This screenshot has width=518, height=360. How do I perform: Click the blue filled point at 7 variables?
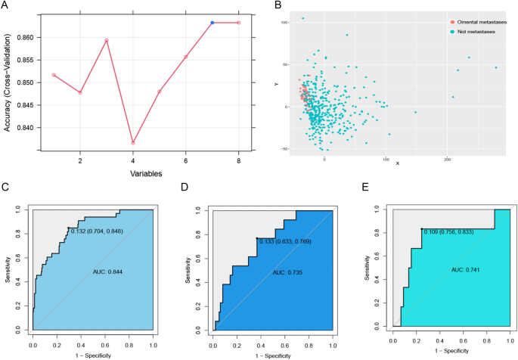212,23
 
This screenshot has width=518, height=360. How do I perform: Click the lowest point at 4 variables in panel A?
133,142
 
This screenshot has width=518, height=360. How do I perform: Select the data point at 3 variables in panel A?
107,40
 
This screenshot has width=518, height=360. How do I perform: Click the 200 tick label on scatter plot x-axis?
448,158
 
